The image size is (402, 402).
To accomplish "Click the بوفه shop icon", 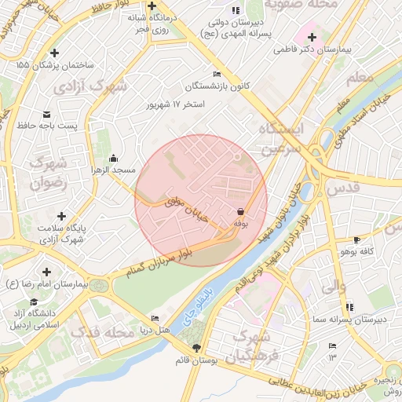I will click(239, 211).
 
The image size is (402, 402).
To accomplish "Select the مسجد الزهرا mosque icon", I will click(115, 158).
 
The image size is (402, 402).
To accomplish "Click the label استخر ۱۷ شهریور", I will click(177, 104).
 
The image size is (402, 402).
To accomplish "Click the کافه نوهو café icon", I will click(357, 239).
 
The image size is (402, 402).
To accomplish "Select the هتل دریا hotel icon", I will click(154, 318).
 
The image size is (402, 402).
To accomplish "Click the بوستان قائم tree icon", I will click(196, 347).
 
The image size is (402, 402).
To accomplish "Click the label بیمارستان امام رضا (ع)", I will click(46, 282).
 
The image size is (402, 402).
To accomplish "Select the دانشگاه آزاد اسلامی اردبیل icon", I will click(33, 302).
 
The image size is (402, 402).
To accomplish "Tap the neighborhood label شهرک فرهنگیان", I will click(251, 348).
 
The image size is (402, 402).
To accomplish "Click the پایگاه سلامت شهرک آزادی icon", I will click(61, 216).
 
